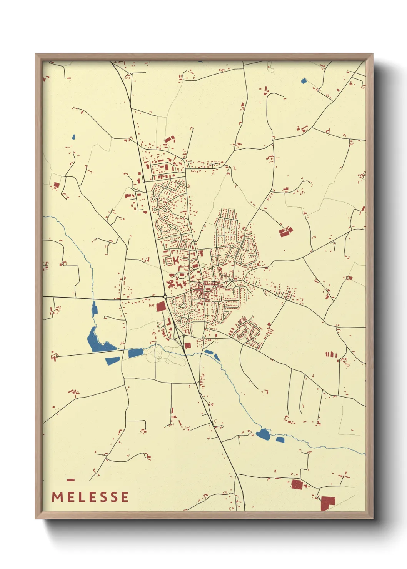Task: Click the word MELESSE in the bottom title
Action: pyautogui.click(x=90, y=497)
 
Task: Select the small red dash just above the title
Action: pyautogui.click(x=70, y=480)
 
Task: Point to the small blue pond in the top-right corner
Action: pyautogui.click(x=304, y=81)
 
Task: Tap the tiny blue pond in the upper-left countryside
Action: pyautogui.click(x=73, y=136)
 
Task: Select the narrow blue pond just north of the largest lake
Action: pyautogui.click(x=94, y=309)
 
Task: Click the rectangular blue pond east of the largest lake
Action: pyautogui.click(x=135, y=353)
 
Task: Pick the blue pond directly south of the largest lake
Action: pyautogui.click(x=113, y=361)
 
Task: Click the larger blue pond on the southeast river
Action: pyautogui.click(x=264, y=434)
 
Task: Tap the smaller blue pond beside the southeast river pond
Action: pyautogui.click(x=280, y=439)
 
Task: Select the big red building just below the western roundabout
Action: pyautogui.click(x=161, y=306)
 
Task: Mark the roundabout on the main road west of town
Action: pyautogui.click(x=165, y=297)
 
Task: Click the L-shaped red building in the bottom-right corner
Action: pyautogui.click(x=327, y=502)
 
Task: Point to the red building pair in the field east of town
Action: pyautogui.click(x=285, y=232)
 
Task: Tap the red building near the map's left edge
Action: pyautogui.click(x=56, y=185)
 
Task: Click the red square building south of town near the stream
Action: pyautogui.click(x=187, y=345)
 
